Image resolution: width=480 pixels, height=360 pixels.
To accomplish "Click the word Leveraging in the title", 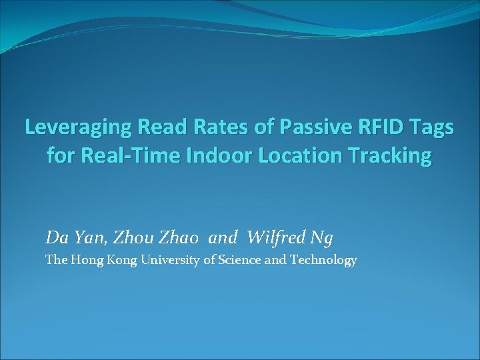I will pyautogui.click(x=70, y=127).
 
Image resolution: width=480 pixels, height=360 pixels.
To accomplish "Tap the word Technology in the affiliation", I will pyautogui.click(x=323, y=261).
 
